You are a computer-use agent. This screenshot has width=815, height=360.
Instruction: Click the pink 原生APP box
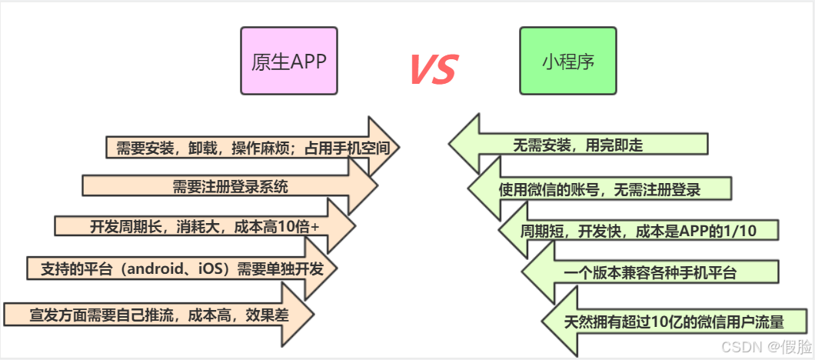coord(289,61)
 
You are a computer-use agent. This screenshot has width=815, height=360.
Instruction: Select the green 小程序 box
coord(567,61)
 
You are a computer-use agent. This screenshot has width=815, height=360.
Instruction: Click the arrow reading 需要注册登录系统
coord(231,186)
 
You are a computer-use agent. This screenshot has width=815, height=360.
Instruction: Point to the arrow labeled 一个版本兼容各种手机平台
coord(650,272)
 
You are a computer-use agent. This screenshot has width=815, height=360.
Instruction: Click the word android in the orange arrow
coord(161,269)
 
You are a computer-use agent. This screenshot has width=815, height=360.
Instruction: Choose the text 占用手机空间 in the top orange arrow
coord(356,146)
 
